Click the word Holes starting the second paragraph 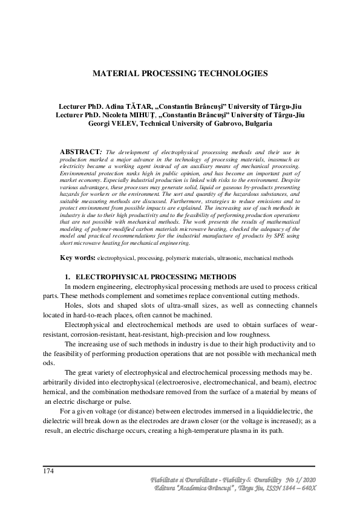tap(74, 306)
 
